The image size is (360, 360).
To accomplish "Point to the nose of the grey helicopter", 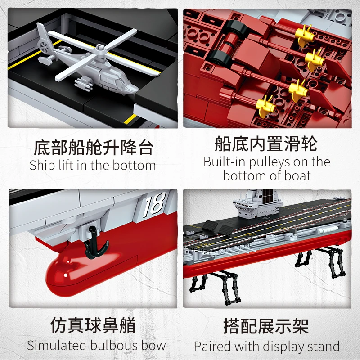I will [x=134, y=90].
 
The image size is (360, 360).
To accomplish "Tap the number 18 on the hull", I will [x=154, y=205].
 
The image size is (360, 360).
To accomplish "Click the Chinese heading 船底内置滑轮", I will [x=266, y=144].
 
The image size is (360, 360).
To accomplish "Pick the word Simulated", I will [x=57, y=346].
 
